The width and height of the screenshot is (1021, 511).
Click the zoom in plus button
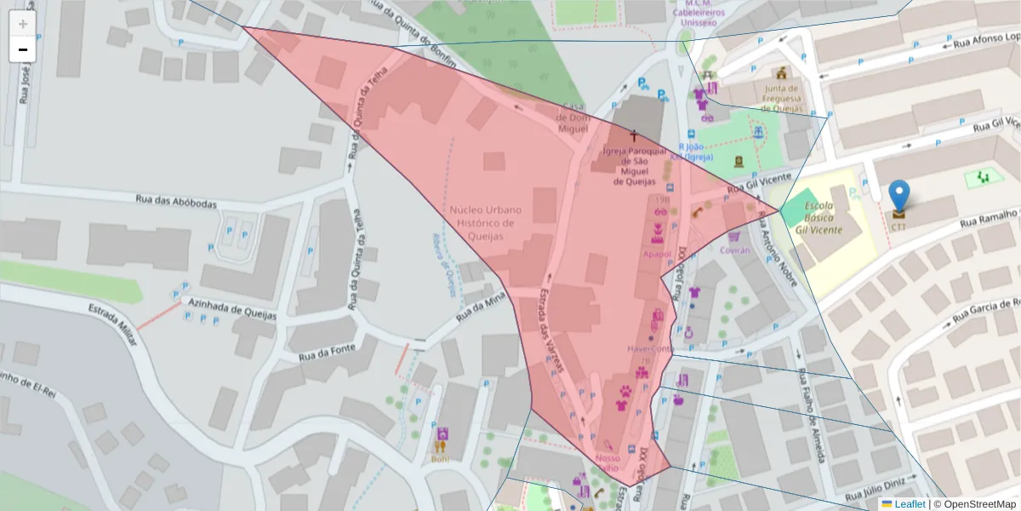point(22,24)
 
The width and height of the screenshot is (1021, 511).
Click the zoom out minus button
point(22,49)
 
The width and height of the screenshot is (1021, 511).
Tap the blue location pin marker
point(898,196)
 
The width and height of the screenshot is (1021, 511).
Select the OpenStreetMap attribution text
point(978,504)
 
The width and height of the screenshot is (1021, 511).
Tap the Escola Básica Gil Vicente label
point(819,218)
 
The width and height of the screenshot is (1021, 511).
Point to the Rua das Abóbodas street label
point(176,202)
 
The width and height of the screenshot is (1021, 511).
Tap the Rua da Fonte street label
point(331,352)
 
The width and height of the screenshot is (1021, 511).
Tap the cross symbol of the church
point(633,135)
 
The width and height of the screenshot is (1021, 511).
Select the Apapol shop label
point(657,254)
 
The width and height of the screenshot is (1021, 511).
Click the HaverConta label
point(650,348)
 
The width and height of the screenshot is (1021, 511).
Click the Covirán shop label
point(735,250)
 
